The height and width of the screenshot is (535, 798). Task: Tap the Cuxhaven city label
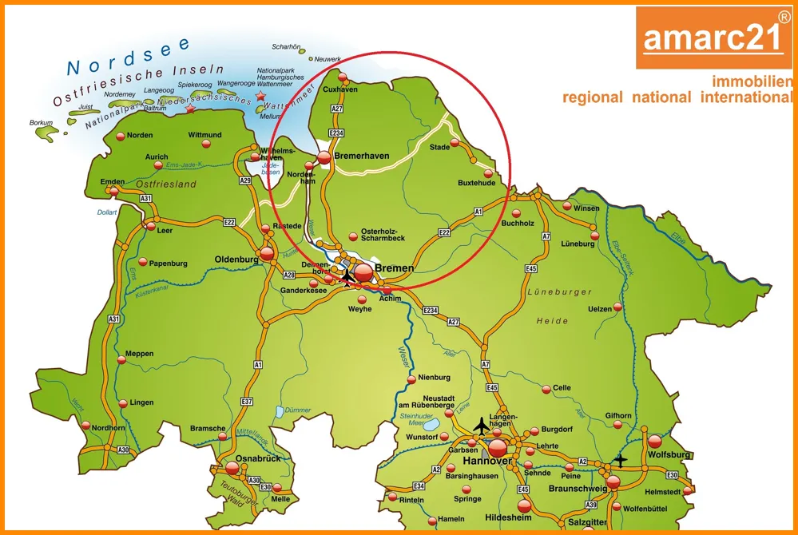click(x=339, y=89)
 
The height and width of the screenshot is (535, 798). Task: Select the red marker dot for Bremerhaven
click(x=324, y=158)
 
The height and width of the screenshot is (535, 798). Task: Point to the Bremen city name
click(x=395, y=268)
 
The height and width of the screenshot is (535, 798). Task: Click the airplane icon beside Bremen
click(x=347, y=277)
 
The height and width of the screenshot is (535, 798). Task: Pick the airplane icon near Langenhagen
click(x=480, y=426)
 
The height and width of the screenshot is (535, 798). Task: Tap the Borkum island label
click(x=41, y=123)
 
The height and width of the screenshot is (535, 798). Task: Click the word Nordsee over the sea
click(x=129, y=56)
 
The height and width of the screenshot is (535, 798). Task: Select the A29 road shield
click(x=245, y=181)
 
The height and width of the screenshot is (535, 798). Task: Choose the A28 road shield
click(x=289, y=275)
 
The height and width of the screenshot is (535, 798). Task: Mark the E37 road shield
click(x=247, y=402)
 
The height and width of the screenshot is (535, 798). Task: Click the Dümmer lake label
click(x=298, y=410)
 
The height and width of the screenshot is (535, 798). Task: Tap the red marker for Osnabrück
click(x=232, y=468)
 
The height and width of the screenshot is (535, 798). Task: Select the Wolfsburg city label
click(x=669, y=454)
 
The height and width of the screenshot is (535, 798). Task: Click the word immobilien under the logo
click(x=752, y=81)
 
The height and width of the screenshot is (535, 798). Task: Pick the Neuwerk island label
click(x=328, y=59)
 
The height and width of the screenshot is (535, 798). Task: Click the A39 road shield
click(x=590, y=505)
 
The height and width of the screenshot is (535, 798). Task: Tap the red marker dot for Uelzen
click(x=617, y=307)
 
